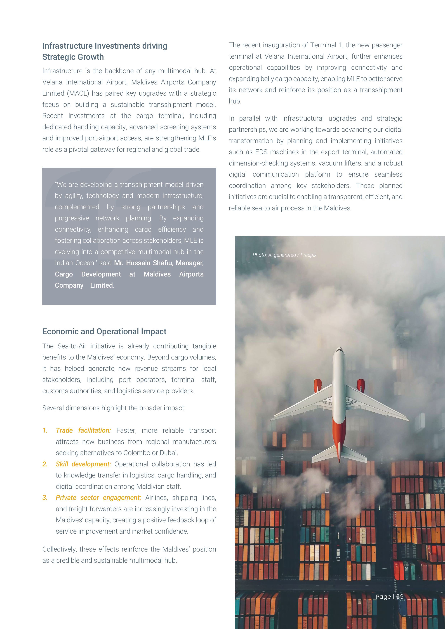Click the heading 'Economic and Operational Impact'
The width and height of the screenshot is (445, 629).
(104, 332)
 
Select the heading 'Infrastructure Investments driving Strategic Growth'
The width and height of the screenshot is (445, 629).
(105, 51)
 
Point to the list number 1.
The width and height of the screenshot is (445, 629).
(45, 430)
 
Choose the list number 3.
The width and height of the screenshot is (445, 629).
(45, 498)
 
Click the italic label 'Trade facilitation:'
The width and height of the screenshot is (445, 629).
(83, 430)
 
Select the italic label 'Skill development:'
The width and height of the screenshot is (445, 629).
(83, 464)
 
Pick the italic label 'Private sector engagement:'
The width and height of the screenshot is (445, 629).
(98, 498)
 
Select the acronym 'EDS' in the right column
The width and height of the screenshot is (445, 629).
(261, 152)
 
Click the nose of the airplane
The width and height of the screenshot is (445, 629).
(339, 350)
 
